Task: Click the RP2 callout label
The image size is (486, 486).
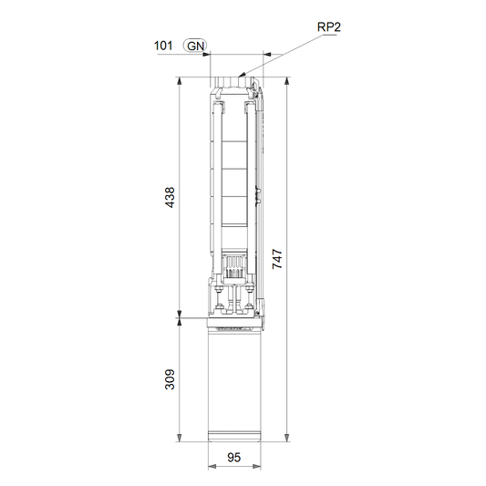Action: (329, 27)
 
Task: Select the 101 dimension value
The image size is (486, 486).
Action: (163, 46)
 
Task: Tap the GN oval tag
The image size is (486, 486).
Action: (195, 46)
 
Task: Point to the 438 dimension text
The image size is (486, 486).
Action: (170, 197)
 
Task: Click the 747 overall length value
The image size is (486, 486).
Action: (277, 259)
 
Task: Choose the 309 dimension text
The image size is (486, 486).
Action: (170, 379)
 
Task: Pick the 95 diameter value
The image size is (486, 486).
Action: (233, 458)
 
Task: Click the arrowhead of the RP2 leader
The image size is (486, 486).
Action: (242, 75)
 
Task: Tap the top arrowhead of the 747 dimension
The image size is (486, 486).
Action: (287, 81)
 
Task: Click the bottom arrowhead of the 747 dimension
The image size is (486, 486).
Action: (287, 438)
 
